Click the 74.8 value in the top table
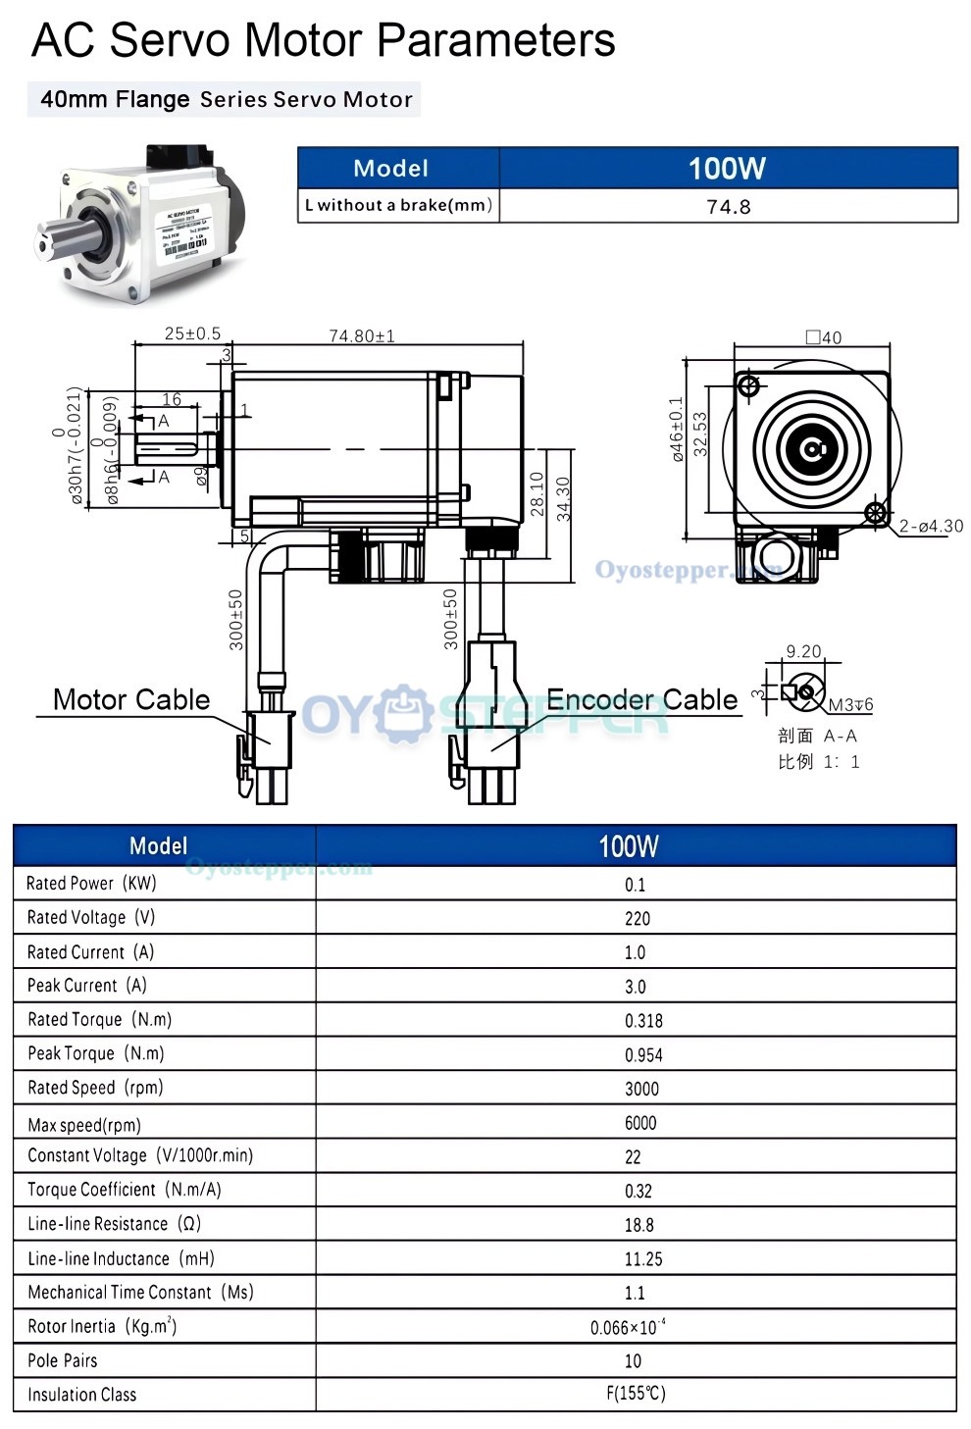coord(728,206)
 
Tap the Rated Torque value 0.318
coord(643,1021)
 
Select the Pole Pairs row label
coord(63,1360)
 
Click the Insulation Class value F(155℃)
coord(636,1394)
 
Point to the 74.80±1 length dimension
coord(362,336)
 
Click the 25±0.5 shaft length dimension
coord(192,333)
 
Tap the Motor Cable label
coord(131,699)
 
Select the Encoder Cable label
coord(641,699)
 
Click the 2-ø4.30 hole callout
coord(931,527)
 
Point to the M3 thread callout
coord(850,704)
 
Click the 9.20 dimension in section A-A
coord(803,651)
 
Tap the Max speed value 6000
coord(640,1123)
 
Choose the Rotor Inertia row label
coord(102,1326)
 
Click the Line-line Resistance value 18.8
coord(639,1225)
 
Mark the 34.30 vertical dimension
coord(563,499)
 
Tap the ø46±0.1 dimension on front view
coord(677,429)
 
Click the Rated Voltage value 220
coord(637,919)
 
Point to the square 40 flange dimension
coord(823,337)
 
